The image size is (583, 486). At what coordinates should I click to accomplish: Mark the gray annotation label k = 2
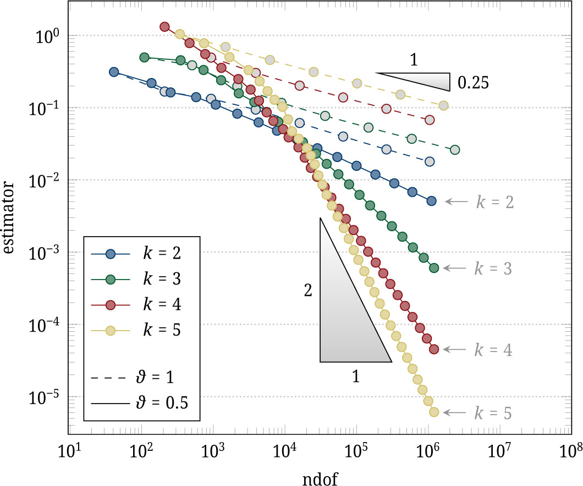click(494, 202)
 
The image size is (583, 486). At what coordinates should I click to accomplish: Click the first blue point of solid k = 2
click(114, 72)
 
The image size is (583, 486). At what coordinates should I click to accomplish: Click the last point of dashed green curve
click(455, 149)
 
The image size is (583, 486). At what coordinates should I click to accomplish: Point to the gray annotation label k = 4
click(494, 350)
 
